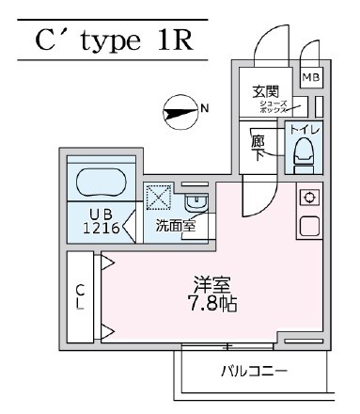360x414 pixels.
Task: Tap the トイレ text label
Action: [305, 128]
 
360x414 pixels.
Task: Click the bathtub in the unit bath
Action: [102, 183]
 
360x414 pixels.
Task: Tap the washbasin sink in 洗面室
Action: [194, 201]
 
